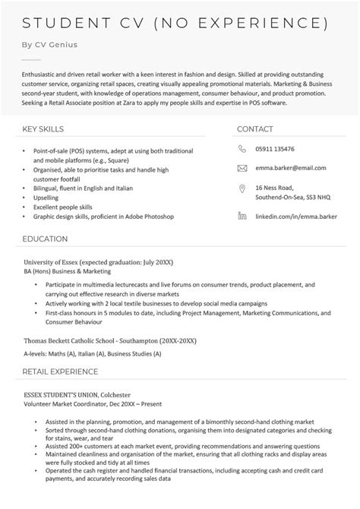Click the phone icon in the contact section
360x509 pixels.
tap(242, 149)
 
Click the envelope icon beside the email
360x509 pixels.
tap(242, 167)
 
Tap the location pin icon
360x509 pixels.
tap(242, 188)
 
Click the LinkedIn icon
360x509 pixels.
tap(242, 217)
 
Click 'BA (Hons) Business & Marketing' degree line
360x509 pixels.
tap(67, 270)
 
